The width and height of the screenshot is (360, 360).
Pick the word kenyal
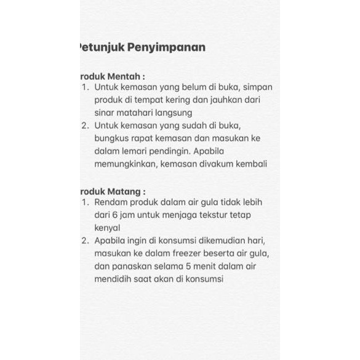tap(108, 228)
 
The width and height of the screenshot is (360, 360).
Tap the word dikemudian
tap(217, 241)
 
